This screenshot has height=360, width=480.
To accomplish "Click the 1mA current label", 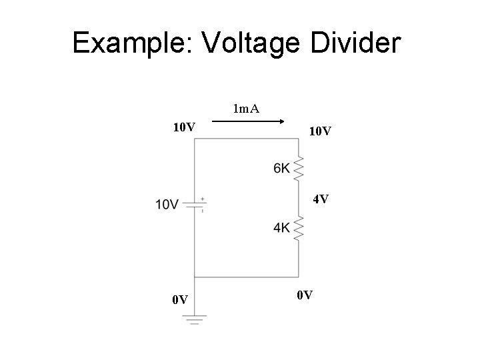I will coord(246,108).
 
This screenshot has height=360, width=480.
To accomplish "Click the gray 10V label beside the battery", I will coord(167,204).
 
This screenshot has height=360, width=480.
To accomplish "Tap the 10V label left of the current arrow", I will coord(183,127).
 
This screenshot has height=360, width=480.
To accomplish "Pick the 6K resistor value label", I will coord(281,169).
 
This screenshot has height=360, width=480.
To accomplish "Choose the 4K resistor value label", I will coord(281,228).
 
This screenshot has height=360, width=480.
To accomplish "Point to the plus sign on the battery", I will coord(202,199).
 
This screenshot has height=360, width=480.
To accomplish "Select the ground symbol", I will coord(194,321).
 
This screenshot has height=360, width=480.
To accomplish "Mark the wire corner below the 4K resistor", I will coord(298,277).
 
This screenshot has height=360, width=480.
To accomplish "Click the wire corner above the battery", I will coord(194,139).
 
